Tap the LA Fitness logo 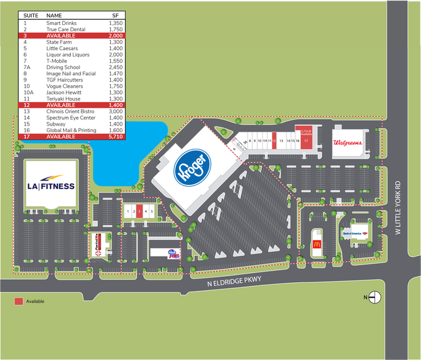[51, 186]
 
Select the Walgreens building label [348, 143]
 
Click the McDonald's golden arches [317, 245]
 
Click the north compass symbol [375, 298]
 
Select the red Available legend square [19, 301]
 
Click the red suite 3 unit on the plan [140, 211]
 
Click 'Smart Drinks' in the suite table [59, 23]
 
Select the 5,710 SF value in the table [116, 137]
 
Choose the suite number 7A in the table [26, 67]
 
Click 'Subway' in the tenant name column [55, 124]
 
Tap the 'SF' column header [115, 15]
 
